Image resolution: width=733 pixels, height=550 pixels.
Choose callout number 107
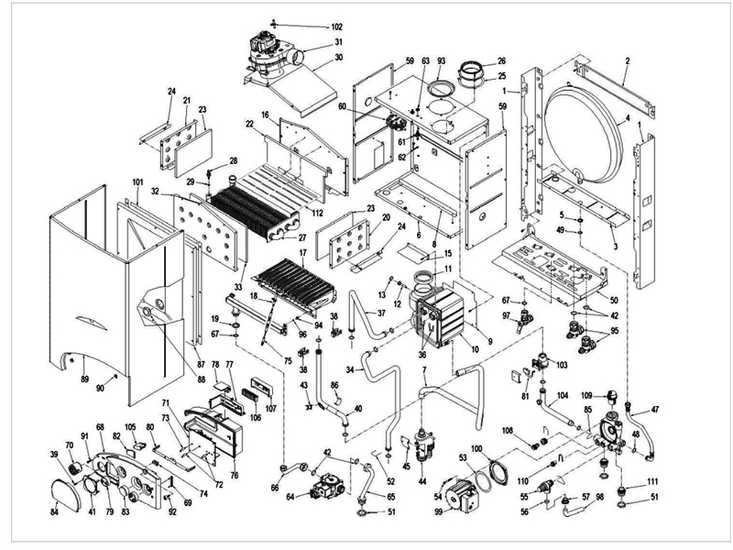click(x=270, y=408)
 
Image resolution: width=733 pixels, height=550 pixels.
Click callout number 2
click(x=627, y=60)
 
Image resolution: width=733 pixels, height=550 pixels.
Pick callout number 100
click(x=476, y=446)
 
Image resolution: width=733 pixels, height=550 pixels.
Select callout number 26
click(x=501, y=61)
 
